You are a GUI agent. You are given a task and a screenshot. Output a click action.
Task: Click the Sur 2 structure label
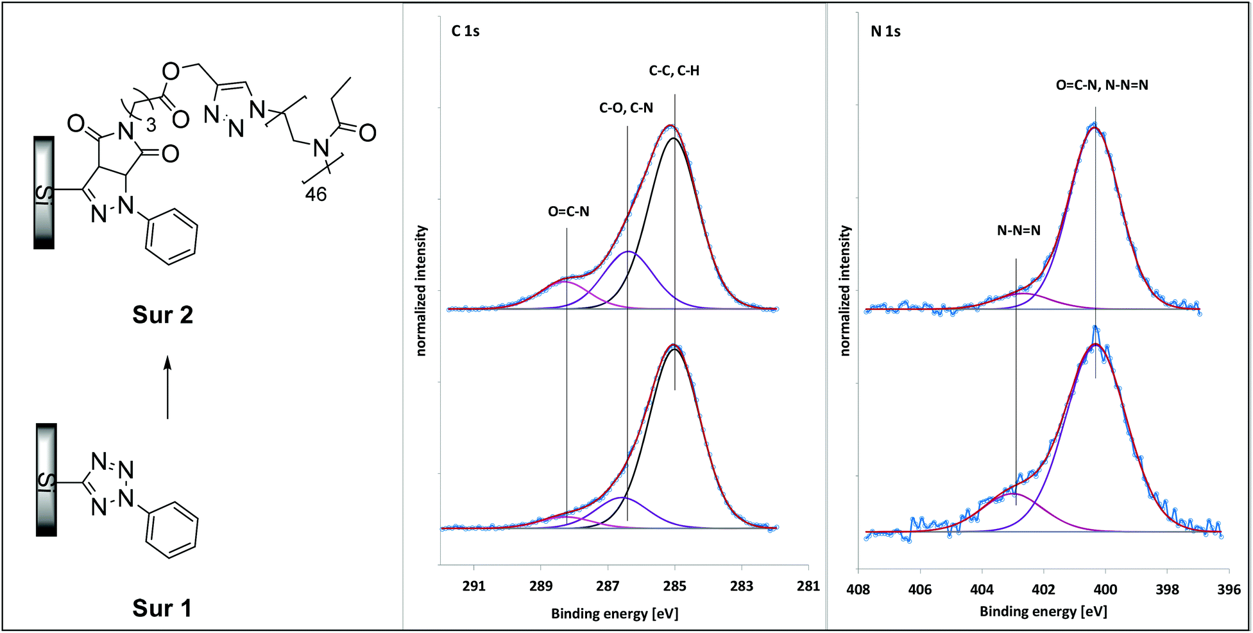[x=162, y=315]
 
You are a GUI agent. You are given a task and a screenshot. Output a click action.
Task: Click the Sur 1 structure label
[x=162, y=608]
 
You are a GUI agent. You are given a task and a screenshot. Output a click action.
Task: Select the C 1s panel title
[x=465, y=31]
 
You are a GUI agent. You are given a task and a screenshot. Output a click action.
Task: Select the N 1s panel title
[x=885, y=31]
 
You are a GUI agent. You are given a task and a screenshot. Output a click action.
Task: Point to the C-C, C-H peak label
[x=674, y=71]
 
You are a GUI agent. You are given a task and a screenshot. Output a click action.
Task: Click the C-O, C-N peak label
[x=626, y=108]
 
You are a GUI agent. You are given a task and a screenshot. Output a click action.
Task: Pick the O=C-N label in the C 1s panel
[x=568, y=211]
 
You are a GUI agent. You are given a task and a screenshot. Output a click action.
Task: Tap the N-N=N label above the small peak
[x=1019, y=230]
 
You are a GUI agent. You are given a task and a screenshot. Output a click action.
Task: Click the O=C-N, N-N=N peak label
[x=1102, y=85]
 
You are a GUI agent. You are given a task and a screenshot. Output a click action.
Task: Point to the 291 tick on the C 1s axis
[x=474, y=585]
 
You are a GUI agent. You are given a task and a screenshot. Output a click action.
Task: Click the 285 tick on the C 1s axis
[x=674, y=585]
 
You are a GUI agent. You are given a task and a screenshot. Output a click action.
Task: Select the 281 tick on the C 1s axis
[x=808, y=585]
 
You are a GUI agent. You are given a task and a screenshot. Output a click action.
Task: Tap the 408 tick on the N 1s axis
[x=858, y=589]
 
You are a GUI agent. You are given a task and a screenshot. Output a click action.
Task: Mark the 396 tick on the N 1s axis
[x=1229, y=589]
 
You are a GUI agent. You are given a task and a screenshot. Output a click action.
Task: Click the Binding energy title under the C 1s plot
[x=615, y=614]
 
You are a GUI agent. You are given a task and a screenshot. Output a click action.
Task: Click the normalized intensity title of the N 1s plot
[x=845, y=290]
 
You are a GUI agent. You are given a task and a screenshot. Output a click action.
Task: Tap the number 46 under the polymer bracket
[x=316, y=194]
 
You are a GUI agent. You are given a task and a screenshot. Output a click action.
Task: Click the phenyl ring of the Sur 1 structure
[x=171, y=530]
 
